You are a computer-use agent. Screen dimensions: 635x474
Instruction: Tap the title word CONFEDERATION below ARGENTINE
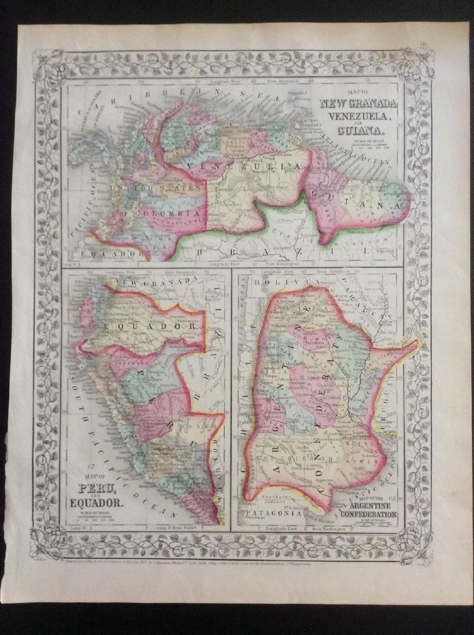368,514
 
